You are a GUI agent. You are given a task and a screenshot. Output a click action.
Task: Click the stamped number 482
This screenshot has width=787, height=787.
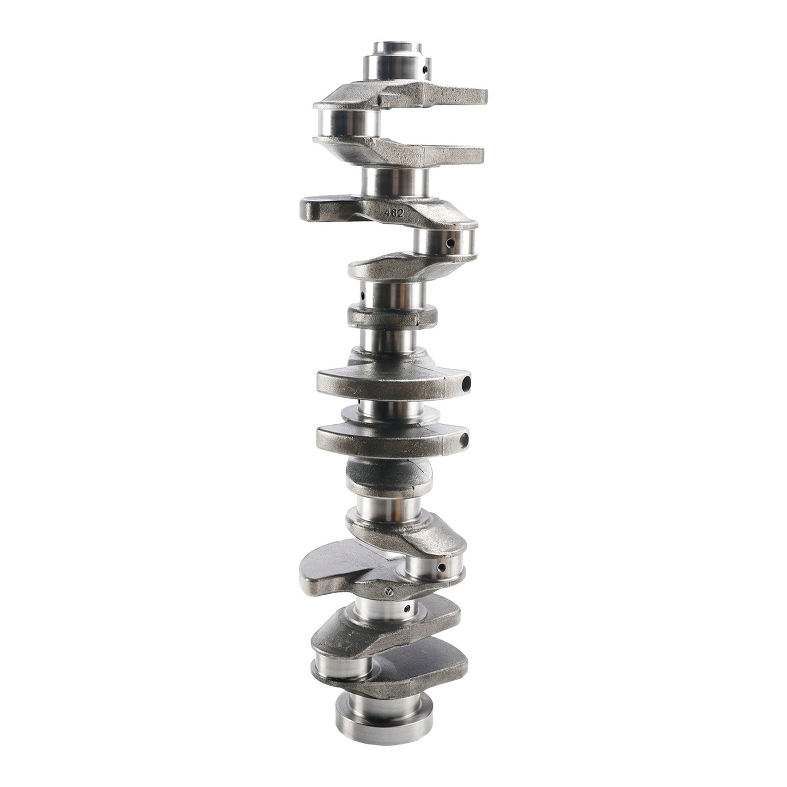(x=395, y=212)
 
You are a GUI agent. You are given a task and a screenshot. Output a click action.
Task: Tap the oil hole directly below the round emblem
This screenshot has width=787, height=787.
(x=407, y=620)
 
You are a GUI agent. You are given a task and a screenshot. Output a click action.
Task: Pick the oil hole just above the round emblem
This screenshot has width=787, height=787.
(x=441, y=568)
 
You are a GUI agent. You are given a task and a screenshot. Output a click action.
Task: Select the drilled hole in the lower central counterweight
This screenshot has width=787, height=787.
(x=464, y=440)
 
